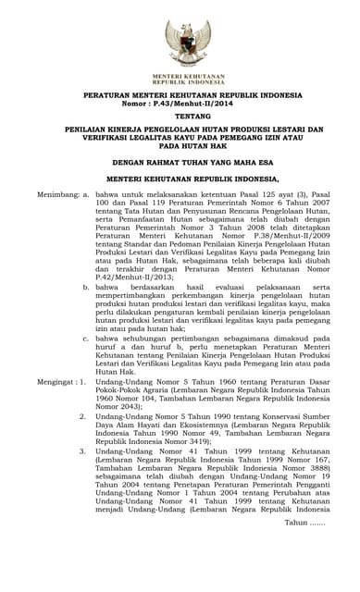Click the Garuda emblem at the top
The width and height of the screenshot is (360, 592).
(180, 42)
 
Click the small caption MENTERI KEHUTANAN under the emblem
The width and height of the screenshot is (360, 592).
(180, 75)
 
